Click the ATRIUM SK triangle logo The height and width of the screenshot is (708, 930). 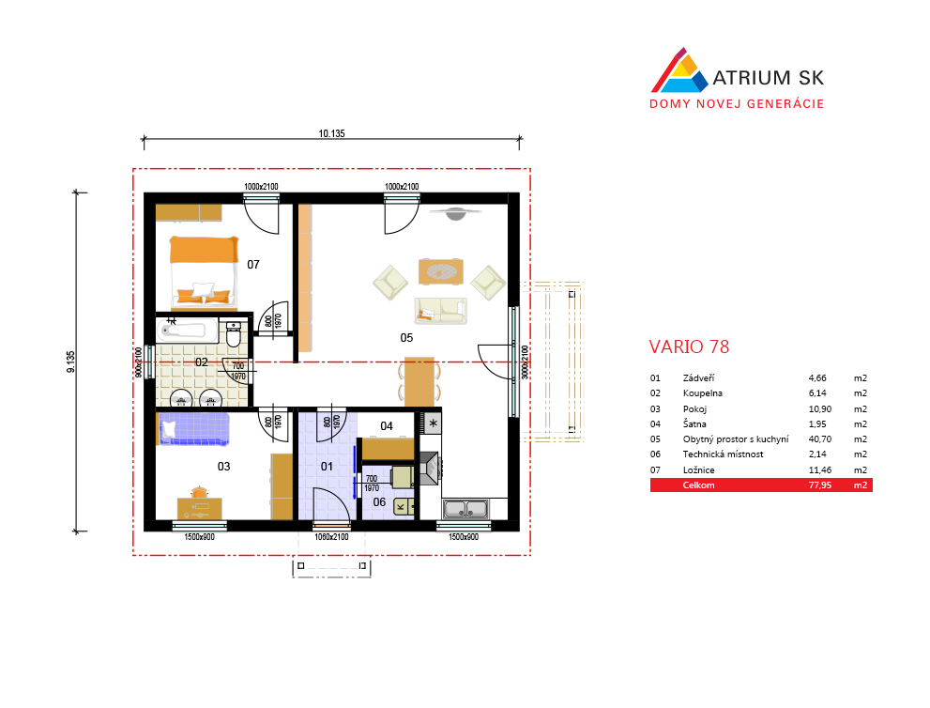coord(679,71)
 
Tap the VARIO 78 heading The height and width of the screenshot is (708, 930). coord(689,346)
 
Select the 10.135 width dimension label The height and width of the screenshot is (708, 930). coord(331,133)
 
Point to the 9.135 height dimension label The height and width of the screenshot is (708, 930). coord(71,362)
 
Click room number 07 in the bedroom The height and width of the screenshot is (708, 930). coord(253,265)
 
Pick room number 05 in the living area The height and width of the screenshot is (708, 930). coord(406,338)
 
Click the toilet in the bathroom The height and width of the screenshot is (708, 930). coord(234,334)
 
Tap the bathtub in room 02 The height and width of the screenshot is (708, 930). coord(188,330)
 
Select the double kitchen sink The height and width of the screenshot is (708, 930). coord(466,509)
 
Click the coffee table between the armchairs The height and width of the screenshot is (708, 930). coord(441,271)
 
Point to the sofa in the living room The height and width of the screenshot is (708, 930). coord(441,311)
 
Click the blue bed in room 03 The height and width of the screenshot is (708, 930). coord(193,428)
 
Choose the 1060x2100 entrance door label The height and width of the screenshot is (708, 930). coord(331,537)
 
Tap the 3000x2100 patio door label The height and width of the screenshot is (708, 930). coord(525,362)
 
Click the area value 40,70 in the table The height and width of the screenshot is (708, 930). coord(819,439)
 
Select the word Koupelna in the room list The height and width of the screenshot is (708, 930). coord(702,393)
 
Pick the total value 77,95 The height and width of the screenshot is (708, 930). coord(819,485)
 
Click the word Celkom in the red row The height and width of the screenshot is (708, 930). coord(699,485)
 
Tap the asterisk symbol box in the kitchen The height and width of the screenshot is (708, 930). coord(433,423)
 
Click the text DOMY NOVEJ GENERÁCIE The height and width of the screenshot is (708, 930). coord(737,104)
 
